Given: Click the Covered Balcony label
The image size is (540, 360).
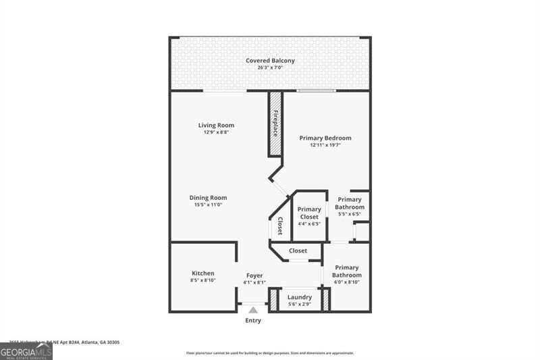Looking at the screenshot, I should pos(270,61).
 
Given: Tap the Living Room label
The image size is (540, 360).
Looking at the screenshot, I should pos(216,125).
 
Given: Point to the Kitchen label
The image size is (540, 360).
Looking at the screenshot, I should pos(202,273).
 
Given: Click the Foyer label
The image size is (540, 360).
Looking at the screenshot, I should pos(254,276).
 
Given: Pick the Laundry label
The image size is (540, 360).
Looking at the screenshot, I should pos(299,297).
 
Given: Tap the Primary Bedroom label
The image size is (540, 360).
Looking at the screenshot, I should pos(325,138).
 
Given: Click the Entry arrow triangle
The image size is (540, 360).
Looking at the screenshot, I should pos(253,310).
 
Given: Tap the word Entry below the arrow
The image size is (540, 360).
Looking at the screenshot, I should pos(253,320).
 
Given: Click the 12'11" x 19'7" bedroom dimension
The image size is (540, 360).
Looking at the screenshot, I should pos(325,145).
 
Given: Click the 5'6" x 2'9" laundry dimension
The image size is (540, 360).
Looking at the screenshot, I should pos(299,305).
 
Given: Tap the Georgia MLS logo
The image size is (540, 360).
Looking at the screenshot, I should pos(26,351).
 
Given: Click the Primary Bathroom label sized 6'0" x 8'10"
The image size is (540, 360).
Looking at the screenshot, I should pos(346,272).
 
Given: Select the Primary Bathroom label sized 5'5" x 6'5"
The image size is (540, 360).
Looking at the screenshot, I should pos(350,203).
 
